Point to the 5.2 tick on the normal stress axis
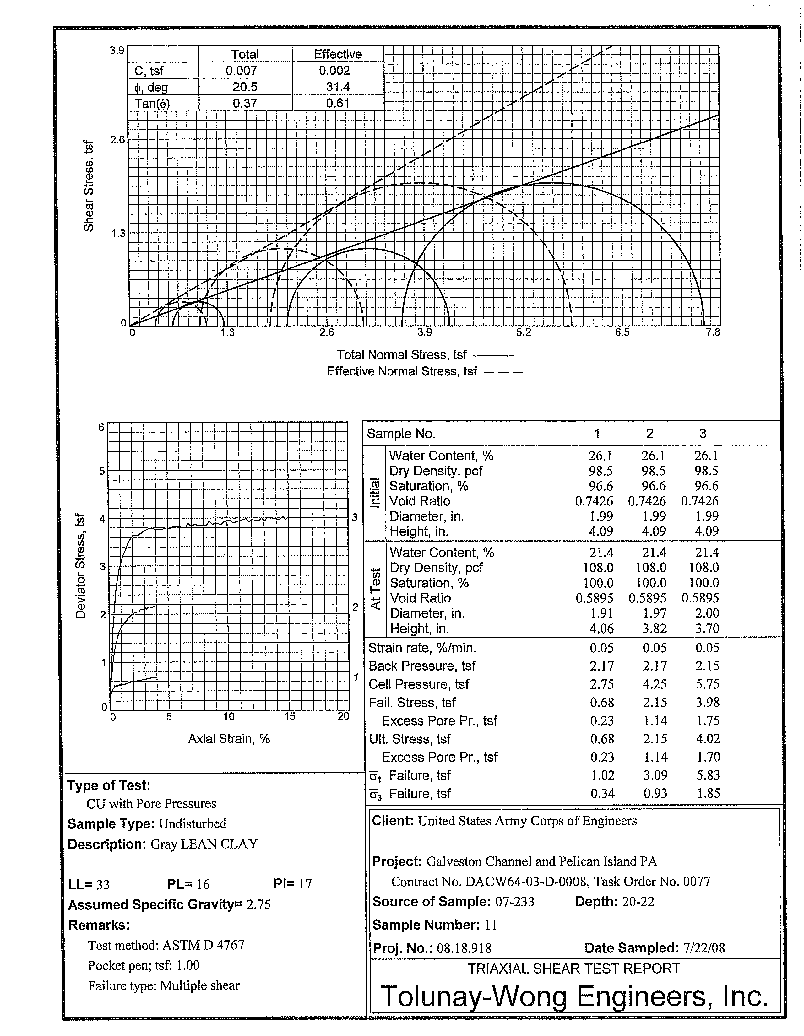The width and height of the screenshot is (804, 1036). pyautogui.click(x=524, y=332)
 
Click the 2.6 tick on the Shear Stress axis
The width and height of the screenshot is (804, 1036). pyautogui.click(x=117, y=140)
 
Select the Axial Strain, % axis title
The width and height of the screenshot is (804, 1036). pyautogui.click(x=229, y=739)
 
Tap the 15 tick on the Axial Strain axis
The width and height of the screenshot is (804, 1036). pyautogui.click(x=290, y=717)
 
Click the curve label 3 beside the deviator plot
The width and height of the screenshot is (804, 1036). pyautogui.click(x=354, y=517)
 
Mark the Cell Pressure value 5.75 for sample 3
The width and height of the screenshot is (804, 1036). pyautogui.click(x=707, y=684)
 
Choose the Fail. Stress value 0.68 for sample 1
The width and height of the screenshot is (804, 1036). pyautogui.click(x=602, y=703)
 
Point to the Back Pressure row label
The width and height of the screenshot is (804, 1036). pyautogui.click(x=422, y=666)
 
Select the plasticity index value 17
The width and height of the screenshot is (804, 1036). pyautogui.click(x=305, y=884)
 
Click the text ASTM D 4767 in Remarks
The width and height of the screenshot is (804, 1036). pyautogui.click(x=203, y=945)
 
